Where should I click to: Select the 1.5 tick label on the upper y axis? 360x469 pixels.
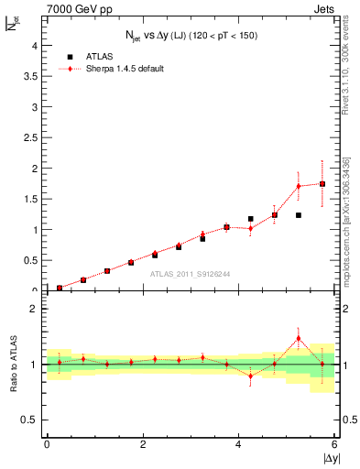point(30,200)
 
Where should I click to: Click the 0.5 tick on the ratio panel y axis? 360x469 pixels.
point(30,420)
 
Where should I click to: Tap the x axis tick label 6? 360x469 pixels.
point(334,445)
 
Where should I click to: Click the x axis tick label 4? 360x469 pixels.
point(238,445)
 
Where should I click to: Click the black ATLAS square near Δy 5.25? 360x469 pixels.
point(299,215)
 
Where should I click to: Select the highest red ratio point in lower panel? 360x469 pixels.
point(299,338)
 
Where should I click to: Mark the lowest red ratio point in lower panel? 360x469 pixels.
point(250,376)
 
